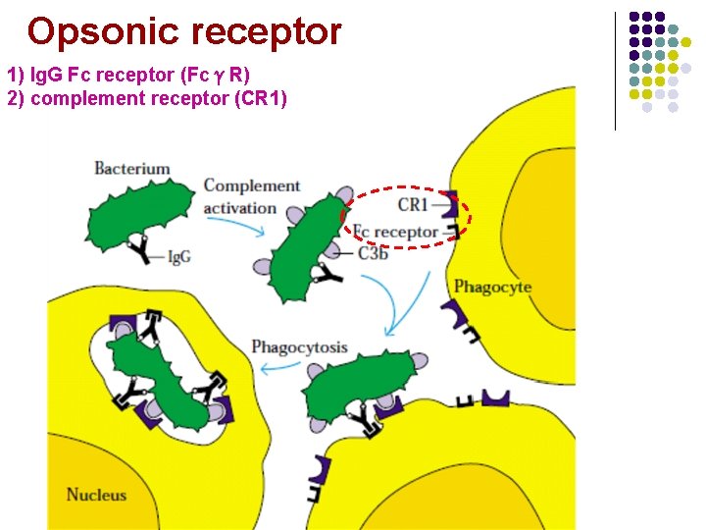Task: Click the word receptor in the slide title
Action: click(x=266, y=32)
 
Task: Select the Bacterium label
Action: click(x=131, y=169)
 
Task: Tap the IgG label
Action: click(x=178, y=257)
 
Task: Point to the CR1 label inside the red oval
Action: click(x=413, y=205)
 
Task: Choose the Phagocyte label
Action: click(x=492, y=287)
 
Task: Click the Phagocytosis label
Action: click(x=299, y=346)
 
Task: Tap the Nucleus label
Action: click(x=96, y=495)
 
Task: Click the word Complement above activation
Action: click(x=251, y=185)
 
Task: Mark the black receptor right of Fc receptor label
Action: click(x=452, y=232)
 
